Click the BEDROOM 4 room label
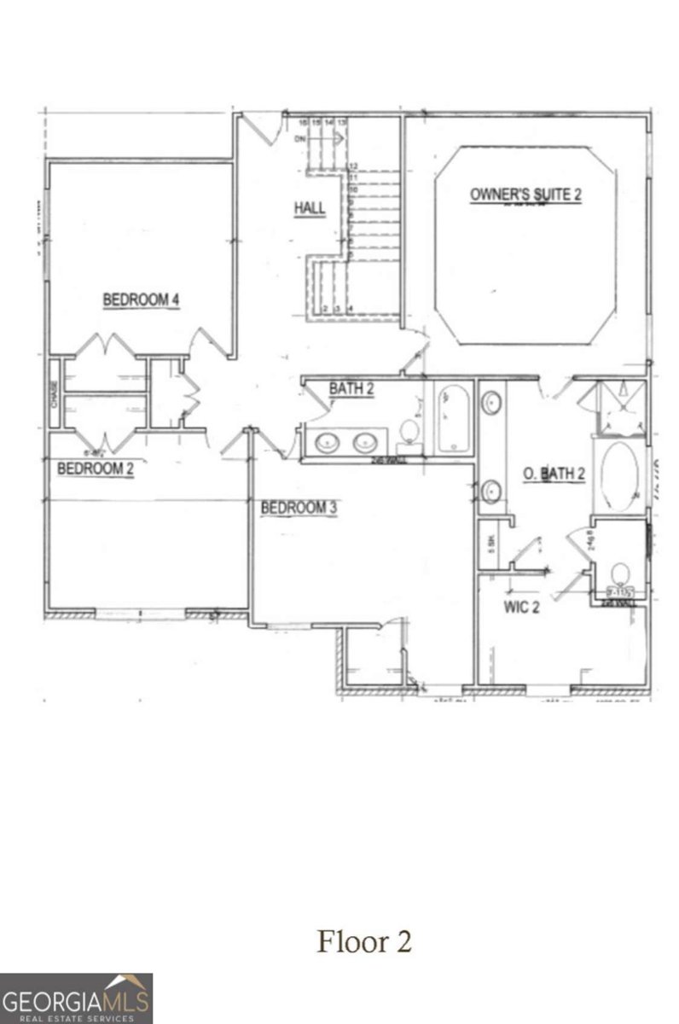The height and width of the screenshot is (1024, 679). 140,300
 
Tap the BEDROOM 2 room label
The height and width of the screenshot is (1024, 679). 95,468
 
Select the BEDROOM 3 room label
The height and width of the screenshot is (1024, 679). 299,508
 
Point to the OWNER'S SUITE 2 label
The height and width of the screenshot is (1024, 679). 525,195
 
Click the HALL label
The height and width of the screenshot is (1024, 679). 310,208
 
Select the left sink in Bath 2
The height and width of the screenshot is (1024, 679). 327,442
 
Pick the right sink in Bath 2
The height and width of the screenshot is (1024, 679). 365,442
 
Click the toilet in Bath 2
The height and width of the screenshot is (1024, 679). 410,431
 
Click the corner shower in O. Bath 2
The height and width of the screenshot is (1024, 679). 620,409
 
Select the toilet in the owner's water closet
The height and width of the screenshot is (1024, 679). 619,573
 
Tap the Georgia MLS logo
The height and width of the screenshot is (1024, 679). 77,998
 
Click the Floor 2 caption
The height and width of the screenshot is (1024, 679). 364,942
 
